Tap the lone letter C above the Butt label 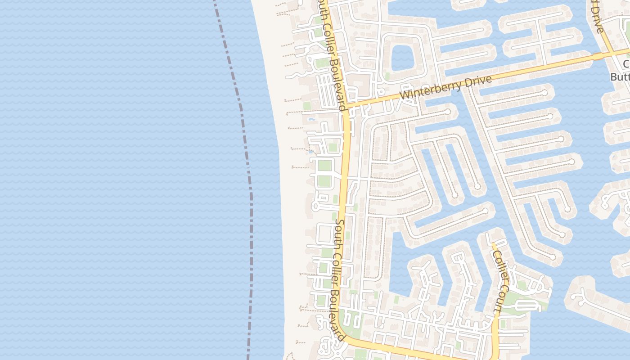(626, 63)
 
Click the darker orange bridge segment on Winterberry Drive (598, 56)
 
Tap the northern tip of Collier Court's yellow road (493, 245)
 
